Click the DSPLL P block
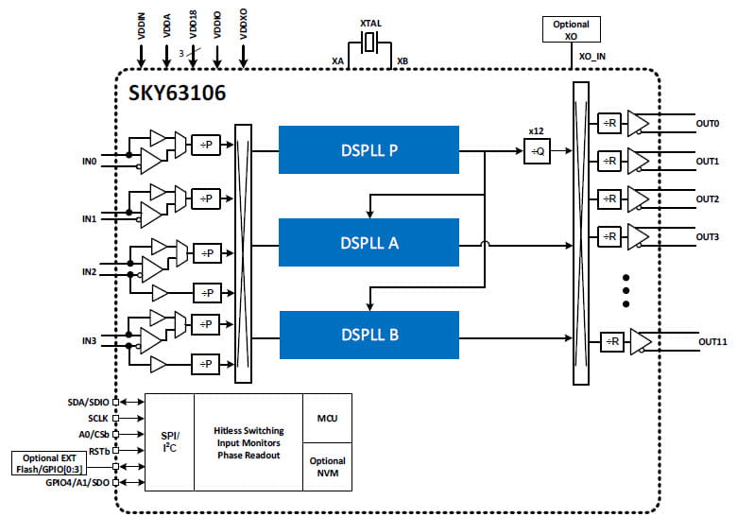point(368,149)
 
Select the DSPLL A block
point(368,242)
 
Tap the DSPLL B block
point(368,335)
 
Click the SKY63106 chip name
point(178,95)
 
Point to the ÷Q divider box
point(537,151)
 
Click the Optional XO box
point(571,29)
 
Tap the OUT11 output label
point(712,341)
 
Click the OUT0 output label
point(709,124)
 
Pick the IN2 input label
point(89,272)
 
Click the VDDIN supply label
point(142,25)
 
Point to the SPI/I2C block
point(168,442)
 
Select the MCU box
point(327,418)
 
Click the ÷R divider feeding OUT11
point(613,341)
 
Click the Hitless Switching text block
point(248,442)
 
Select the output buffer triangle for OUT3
point(639,236)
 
